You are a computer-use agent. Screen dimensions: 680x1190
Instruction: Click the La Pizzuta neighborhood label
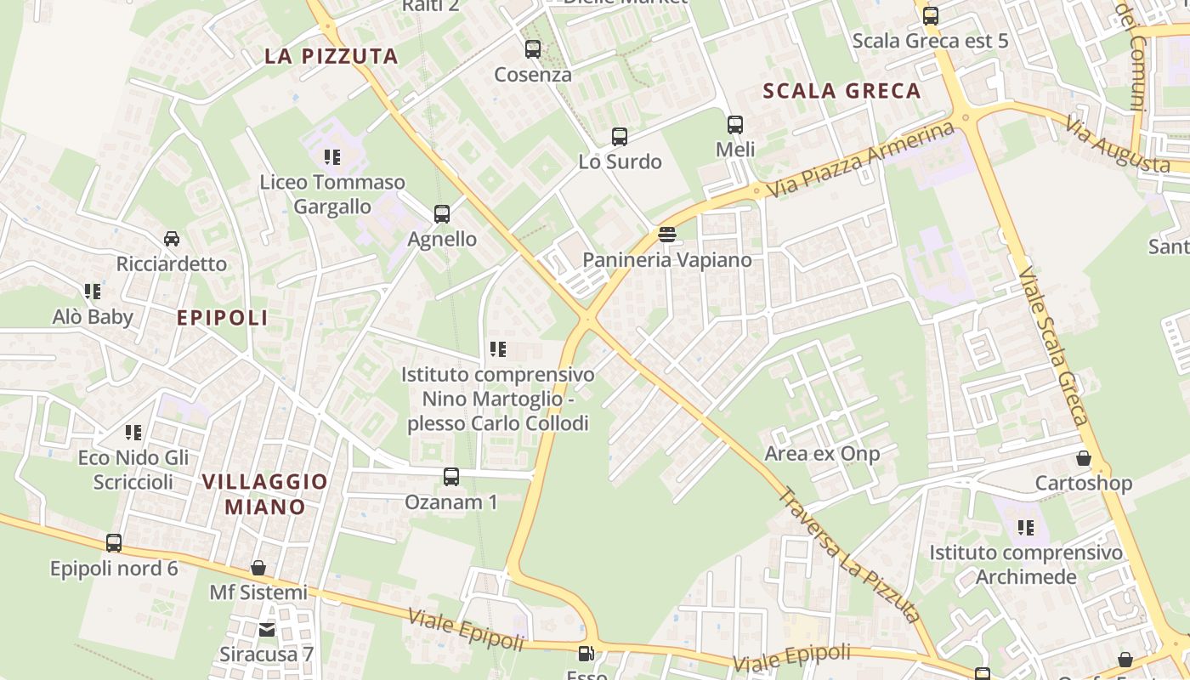[331, 56]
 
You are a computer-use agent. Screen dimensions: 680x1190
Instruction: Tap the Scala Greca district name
[841, 91]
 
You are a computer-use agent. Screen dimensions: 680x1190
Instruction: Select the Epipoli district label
[222, 318]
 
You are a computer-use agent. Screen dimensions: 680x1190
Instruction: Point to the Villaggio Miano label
[264, 494]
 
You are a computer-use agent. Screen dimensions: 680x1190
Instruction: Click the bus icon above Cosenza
[533, 49]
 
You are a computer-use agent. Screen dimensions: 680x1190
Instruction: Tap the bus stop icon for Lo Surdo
[620, 136]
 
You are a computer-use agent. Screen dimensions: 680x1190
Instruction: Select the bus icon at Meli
[735, 125]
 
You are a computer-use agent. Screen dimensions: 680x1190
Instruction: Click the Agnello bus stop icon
[442, 214]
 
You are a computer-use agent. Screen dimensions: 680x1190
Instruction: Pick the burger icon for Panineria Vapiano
[667, 234]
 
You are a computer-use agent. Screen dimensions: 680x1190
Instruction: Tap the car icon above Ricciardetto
[172, 239]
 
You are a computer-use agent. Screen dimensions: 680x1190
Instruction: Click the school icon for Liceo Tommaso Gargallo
[332, 156]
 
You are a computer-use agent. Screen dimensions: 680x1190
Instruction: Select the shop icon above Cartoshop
[1084, 458]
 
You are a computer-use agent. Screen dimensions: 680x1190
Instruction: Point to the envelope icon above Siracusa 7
[267, 629]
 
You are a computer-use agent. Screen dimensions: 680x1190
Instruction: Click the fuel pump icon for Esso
[586, 654]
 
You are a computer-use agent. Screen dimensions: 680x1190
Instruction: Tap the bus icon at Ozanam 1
[451, 477]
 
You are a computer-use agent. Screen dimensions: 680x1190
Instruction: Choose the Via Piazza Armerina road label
[860, 159]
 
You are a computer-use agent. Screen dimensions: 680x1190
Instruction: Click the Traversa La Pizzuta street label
[850, 554]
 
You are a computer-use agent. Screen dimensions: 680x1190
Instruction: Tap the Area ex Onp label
[822, 453]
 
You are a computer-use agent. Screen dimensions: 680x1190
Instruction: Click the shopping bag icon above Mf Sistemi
[258, 567]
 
